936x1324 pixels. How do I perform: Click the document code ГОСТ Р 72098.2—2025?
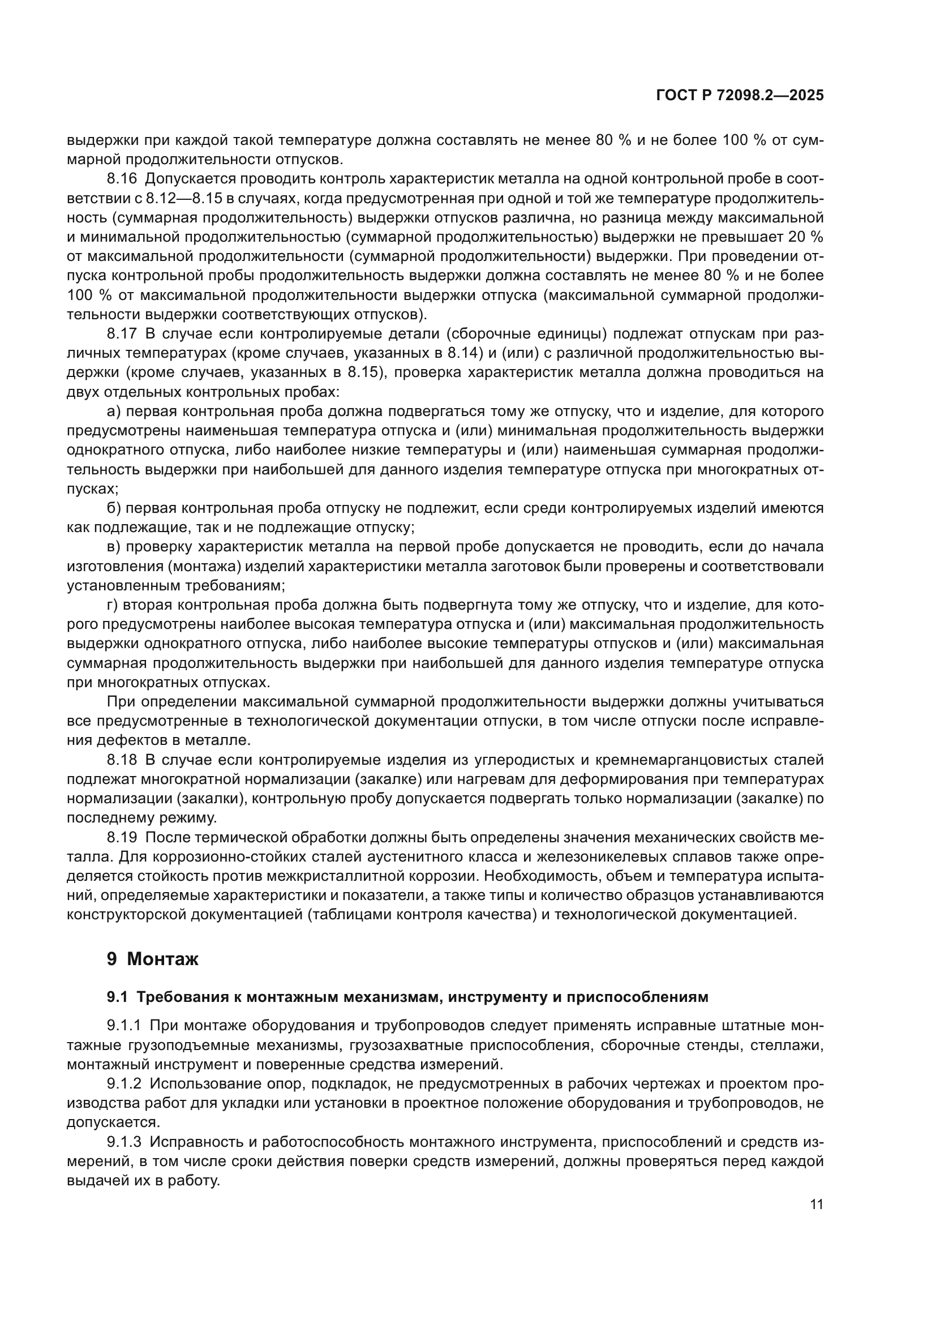point(740,96)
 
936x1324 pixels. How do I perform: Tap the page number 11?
point(816,1205)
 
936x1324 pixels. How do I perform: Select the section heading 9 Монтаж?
point(152,959)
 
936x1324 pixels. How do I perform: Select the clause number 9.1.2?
point(124,1083)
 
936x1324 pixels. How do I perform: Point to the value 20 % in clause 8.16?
point(806,238)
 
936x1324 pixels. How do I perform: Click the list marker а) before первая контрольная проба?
point(113,412)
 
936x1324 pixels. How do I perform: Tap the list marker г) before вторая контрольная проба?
point(113,605)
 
